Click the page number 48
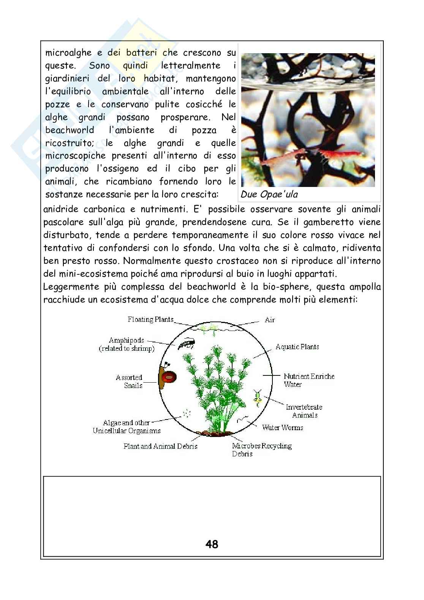(212, 544)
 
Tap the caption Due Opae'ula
(269, 195)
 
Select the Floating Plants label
(150, 320)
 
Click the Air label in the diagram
(269, 320)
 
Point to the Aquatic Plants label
(297, 347)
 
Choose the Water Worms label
(282, 427)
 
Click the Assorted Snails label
(130, 381)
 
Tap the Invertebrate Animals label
(304, 411)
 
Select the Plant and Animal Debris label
(160, 446)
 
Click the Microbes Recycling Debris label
(262, 450)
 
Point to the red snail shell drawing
(169, 377)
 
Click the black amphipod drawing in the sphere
(186, 344)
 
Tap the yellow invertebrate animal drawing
(258, 399)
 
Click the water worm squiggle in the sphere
(243, 419)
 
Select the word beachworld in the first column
(70, 130)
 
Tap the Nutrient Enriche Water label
(309, 380)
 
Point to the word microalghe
(68, 52)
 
